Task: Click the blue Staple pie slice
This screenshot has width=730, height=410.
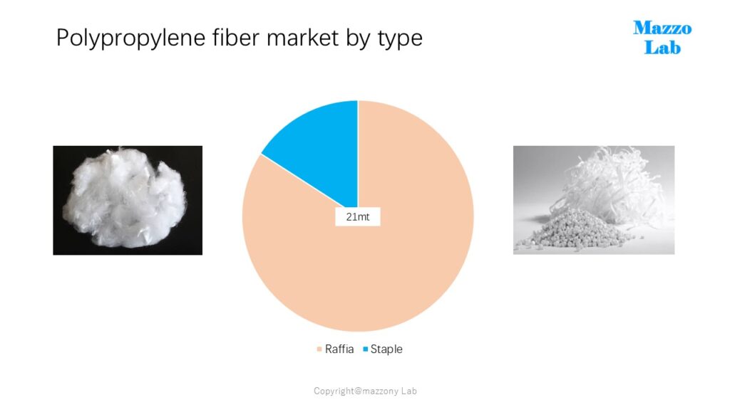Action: click(x=322, y=149)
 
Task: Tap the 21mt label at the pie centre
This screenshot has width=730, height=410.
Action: click(x=358, y=216)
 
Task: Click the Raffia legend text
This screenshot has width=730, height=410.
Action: click(x=339, y=349)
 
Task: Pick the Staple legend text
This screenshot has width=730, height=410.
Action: click(x=386, y=349)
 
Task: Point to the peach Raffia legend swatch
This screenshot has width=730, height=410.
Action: click(x=319, y=349)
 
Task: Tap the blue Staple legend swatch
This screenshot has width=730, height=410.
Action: click(x=366, y=349)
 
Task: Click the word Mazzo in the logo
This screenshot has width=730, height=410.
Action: click(x=662, y=28)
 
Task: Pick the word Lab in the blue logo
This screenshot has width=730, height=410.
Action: click(x=662, y=48)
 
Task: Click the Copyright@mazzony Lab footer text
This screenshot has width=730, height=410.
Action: click(x=365, y=391)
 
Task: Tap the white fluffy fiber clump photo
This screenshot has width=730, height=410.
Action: click(x=128, y=200)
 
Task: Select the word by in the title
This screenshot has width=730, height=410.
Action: click(x=358, y=38)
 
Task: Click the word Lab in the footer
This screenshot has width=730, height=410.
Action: click(x=408, y=391)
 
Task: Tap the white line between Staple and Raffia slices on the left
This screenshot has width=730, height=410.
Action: click(x=309, y=181)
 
